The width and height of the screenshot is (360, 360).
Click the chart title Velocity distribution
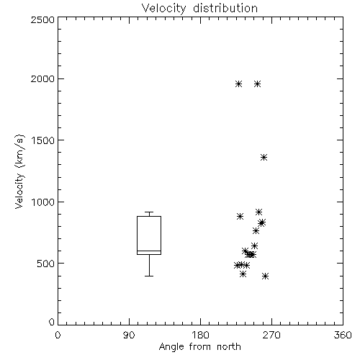coord(199,9)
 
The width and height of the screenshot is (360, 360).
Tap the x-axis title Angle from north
coord(199,347)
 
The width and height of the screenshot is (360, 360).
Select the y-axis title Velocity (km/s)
coord(19,171)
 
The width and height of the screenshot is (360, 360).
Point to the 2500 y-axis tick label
coord(42,19)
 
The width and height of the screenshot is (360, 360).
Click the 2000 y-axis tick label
coord(42,78)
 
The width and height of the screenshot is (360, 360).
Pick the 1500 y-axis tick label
coord(43,140)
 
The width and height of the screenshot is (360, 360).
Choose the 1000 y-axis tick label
coord(43,202)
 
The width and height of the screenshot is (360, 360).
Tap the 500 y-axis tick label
coord(46,264)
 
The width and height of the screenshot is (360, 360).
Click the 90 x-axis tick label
coord(129,335)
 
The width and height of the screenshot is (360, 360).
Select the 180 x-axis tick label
coord(200,335)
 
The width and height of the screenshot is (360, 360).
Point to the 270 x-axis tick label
coord(271,335)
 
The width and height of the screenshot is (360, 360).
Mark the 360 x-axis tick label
coord(343,335)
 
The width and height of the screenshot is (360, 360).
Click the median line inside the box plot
coord(149,251)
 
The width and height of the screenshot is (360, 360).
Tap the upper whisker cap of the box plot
coord(149,212)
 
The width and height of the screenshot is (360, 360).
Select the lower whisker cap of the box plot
coord(149,276)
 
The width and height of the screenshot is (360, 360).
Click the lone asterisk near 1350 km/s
coord(264,158)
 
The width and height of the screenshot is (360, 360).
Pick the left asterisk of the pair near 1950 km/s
coord(238,84)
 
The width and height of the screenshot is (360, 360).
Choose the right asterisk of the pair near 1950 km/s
coord(257,84)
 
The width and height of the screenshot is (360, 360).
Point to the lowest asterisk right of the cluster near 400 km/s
coord(265,276)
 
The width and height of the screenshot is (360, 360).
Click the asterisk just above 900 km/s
coord(258,212)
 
